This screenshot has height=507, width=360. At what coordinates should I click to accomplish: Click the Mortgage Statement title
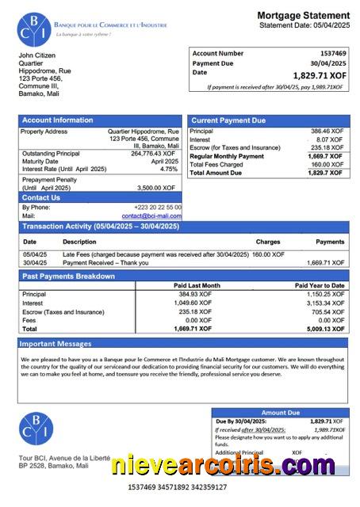coord(303,15)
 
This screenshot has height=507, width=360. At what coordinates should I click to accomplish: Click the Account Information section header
coord(56,120)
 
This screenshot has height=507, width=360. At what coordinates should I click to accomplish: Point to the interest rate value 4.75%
coord(169,169)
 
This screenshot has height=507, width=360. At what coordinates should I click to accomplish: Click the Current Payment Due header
coord(228,120)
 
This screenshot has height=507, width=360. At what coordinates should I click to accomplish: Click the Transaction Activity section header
coord(101,227)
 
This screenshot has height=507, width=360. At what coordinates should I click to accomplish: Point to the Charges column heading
coord(267,242)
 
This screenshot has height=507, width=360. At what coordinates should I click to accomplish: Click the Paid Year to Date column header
coord(320,285)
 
